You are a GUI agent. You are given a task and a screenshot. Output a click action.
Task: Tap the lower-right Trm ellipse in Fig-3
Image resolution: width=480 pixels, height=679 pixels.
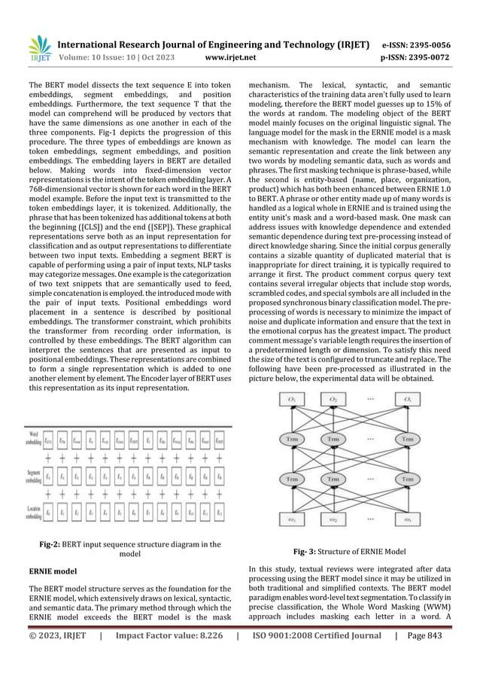pyautogui.click(x=407, y=479)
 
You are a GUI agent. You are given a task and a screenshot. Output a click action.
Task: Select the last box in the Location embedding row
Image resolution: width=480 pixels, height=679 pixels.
pyautogui.click(x=219, y=513)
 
